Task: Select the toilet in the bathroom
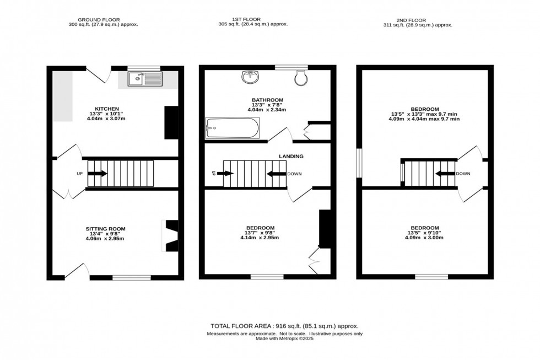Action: [x=301, y=78]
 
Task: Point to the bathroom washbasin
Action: [x=250, y=77]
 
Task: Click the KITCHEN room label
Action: [x=107, y=109]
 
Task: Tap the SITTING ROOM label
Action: [x=106, y=228]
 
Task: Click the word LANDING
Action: [x=291, y=157]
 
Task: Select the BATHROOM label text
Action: [x=268, y=100]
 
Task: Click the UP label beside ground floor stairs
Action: [x=79, y=174]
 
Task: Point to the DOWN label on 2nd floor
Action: [x=463, y=174]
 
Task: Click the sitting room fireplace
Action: [x=171, y=236]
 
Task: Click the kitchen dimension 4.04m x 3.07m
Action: [x=107, y=119]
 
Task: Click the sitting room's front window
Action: [x=132, y=277]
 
